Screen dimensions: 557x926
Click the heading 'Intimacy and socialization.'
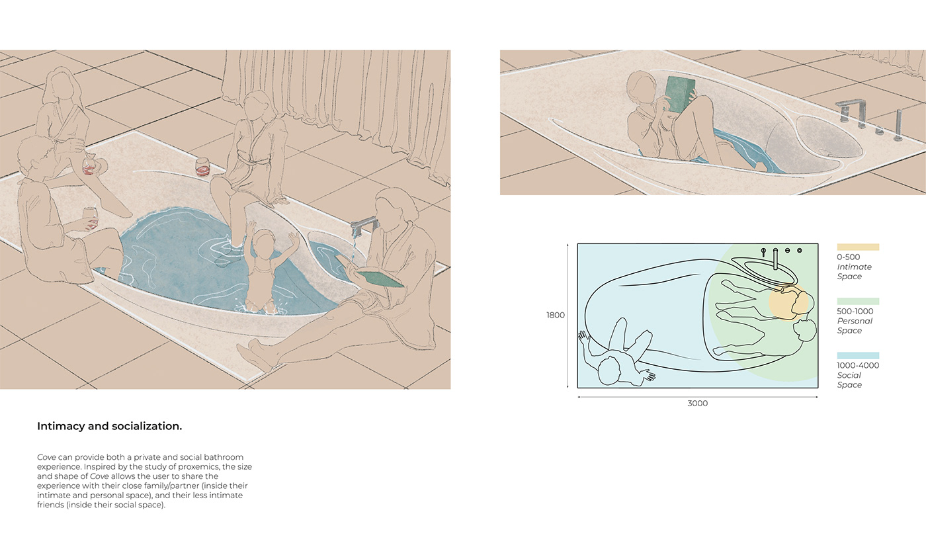point(109,427)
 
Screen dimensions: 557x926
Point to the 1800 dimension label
point(556,316)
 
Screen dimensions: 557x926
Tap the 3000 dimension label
point(697,404)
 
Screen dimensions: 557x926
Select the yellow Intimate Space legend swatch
point(858,247)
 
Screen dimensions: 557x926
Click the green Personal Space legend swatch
point(858,302)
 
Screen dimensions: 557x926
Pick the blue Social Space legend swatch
point(858,356)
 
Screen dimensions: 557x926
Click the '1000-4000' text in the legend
point(858,365)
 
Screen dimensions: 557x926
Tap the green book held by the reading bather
point(680,93)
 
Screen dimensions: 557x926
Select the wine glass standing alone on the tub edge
point(203,167)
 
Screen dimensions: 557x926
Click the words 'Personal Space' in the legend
point(855,325)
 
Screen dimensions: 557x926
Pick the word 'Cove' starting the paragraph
point(46,457)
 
